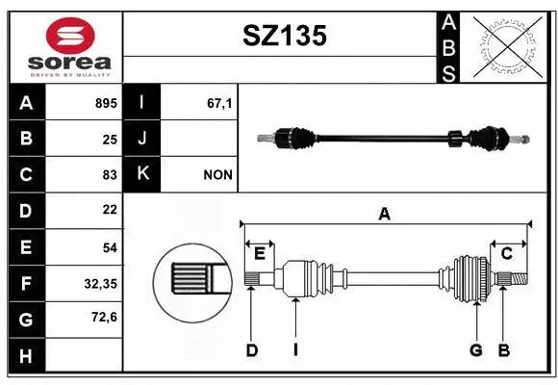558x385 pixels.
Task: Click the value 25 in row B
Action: tap(109, 139)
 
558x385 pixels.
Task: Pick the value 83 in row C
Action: tap(109, 174)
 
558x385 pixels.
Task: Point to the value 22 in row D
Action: tap(109, 210)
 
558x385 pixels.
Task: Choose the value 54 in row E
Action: tap(109, 246)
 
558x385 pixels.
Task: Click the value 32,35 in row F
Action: tap(101, 283)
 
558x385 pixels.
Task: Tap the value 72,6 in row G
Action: tap(104, 317)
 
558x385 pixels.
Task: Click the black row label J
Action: tap(142, 139)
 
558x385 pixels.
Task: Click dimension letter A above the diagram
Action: tap(385, 214)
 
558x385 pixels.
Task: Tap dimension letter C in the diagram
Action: tap(505, 253)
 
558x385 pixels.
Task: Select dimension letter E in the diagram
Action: tap(260, 253)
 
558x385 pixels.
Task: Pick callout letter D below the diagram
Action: tap(251, 350)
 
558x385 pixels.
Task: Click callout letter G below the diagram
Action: tap(475, 350)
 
